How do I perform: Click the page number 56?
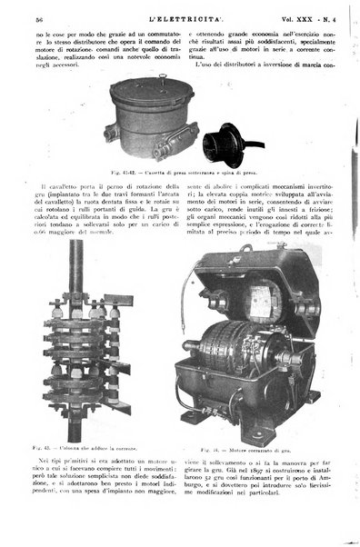pos(39,19)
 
